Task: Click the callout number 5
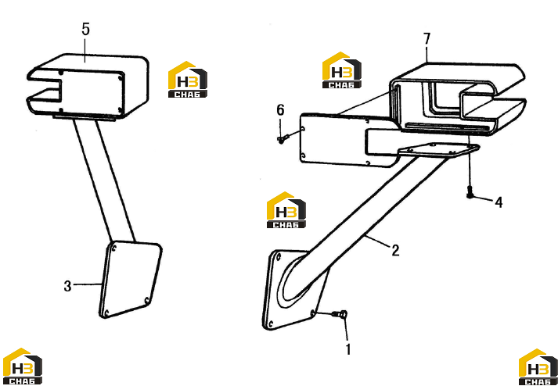click(x=85, y=30)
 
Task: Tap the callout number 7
click(x=427, y=39)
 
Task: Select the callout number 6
click(x=280, y=110)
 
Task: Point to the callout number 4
click(x=499, y=202)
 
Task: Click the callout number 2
click(x=395, y=250)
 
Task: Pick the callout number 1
click(x=348, y=349)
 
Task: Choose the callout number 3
click(x=67, y=286)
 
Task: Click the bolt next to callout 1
click(x=340, y=314)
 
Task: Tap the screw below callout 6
click(x=281, y=140)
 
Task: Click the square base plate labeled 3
click(x=130, y=280)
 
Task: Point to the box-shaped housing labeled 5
click(x=88, y=86)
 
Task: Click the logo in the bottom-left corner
click(x=22, y=366)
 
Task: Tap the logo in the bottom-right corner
click(x=538, y=367)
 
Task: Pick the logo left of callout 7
click(x=342, y=70)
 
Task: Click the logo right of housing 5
click(x=188, y=79)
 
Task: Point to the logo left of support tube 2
click(x=286, y=209)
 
